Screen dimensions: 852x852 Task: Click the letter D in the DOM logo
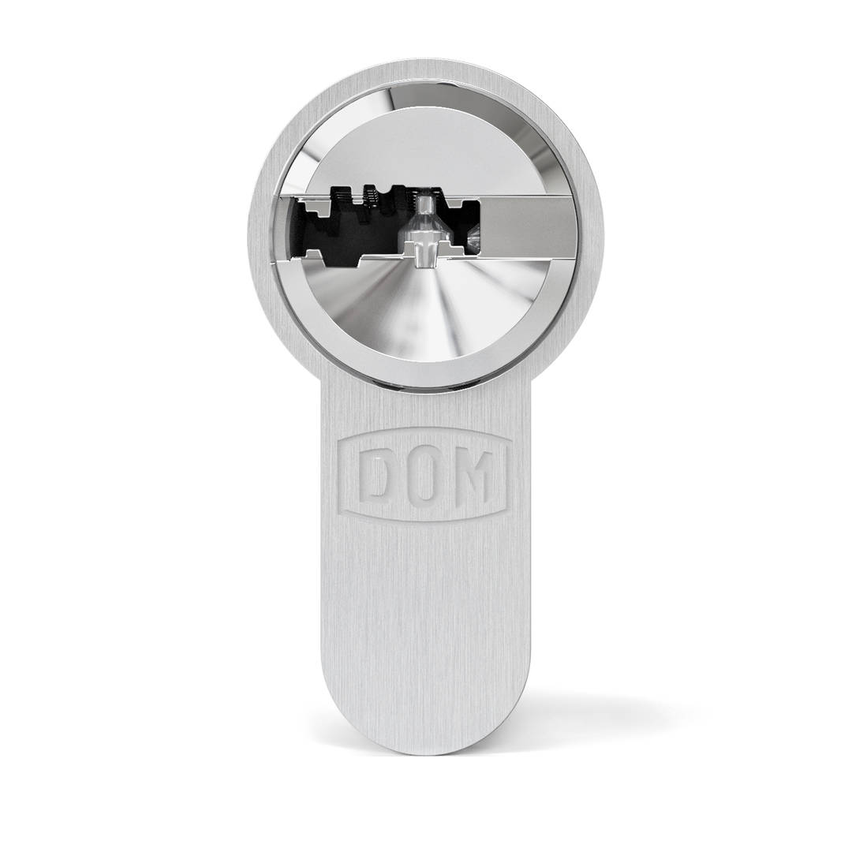tap(375, 476)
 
